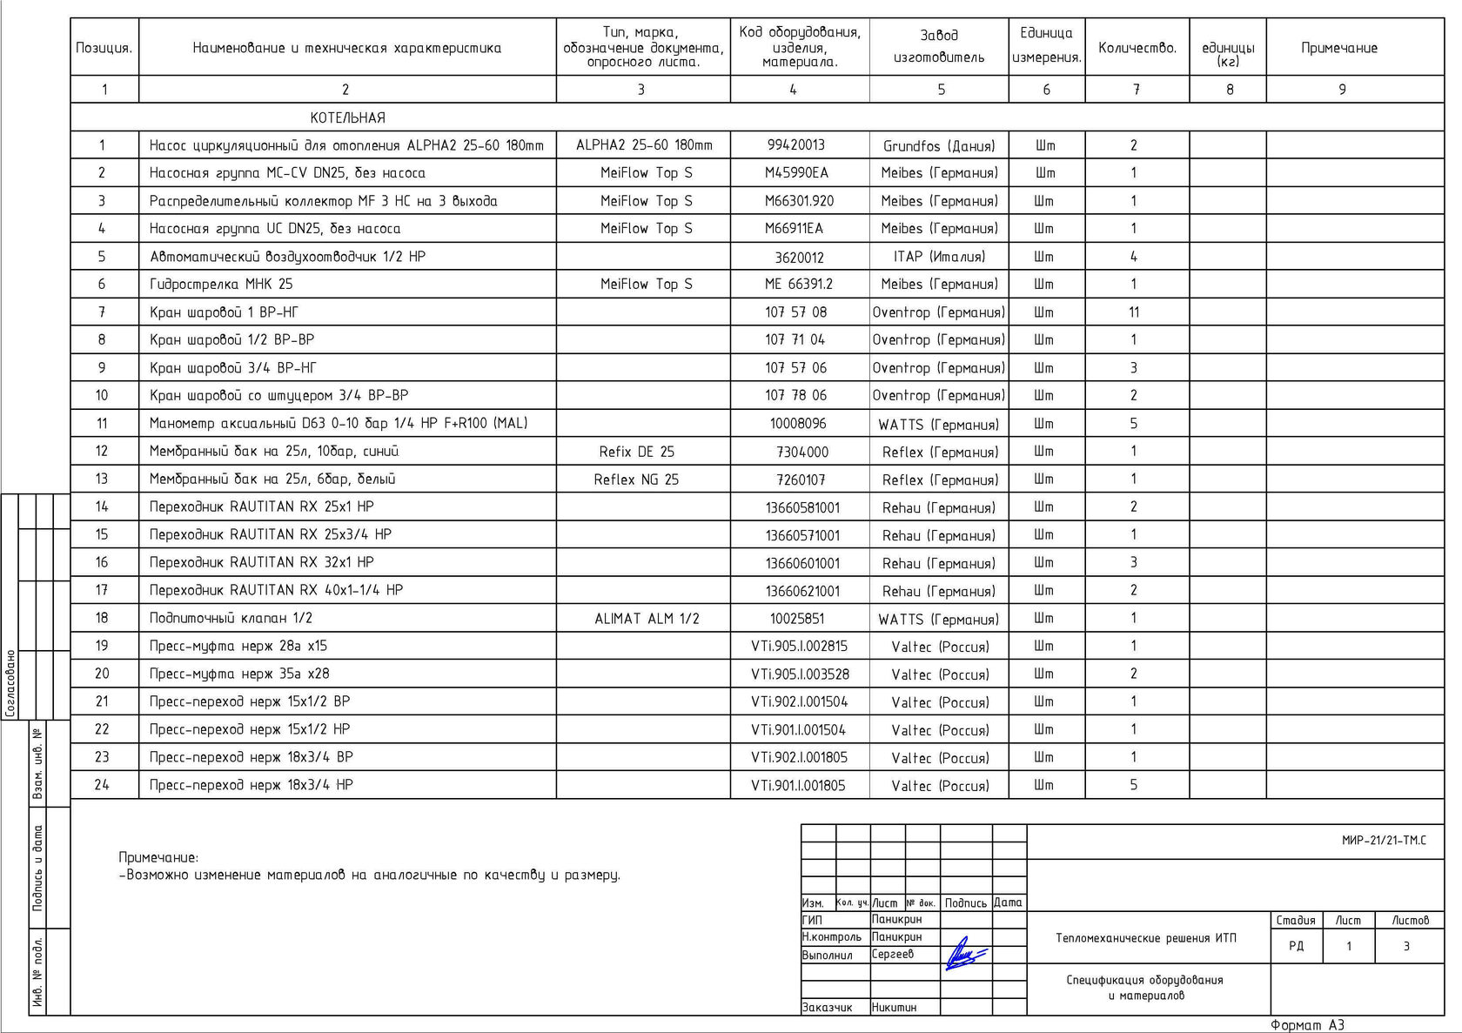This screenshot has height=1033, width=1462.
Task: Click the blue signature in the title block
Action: click(x=965, y=955)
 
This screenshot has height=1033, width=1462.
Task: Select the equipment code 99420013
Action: click(x=795, y=145)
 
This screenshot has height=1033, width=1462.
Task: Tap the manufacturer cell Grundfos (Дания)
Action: click(x=939, y=145)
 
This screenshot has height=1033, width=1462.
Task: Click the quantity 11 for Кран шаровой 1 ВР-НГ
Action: click(x=1133, y=312)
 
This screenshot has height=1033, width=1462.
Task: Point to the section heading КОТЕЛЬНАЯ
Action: click(x=347, y=117)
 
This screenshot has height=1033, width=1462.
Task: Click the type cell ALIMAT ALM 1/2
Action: click(x=647, y=619)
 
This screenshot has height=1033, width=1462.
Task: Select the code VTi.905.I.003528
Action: click(x=800, y=674)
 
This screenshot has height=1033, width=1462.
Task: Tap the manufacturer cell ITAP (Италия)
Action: click(x=939, y=257)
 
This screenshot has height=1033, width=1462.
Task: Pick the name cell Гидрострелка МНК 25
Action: click(x=221, y=284)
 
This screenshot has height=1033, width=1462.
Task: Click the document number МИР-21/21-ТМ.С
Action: click(x=1384, y=841)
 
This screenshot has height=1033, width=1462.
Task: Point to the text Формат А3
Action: click(x=1307, y=1025)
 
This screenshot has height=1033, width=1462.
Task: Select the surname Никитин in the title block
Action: click(x=894, y=1008)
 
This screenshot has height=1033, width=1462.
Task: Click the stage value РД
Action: click(x=1296, y=946)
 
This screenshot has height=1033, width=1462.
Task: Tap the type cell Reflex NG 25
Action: click(x=636, y=480)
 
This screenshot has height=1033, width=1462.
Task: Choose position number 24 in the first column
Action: click(x=102, y=785)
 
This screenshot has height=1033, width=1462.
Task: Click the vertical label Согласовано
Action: click(x=10, y=683)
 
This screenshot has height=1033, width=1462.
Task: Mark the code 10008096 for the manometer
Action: click(x=798, y=424)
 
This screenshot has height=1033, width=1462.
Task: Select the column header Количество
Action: click(x=1137, y=48)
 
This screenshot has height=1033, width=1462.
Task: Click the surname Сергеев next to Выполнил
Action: click(x=893, y=955)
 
